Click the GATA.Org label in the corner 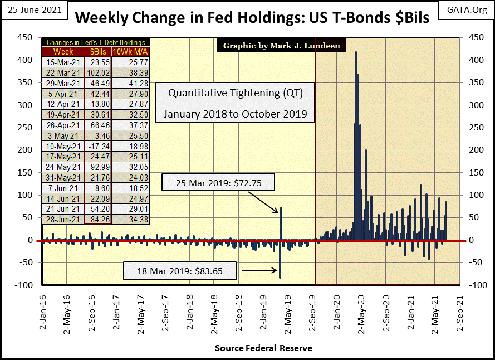coord(465,10)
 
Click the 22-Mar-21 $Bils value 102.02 coord(97,72)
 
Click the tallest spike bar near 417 coord(355,145)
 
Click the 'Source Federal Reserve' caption coord(263,348)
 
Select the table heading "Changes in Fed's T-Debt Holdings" coord(96,42)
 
